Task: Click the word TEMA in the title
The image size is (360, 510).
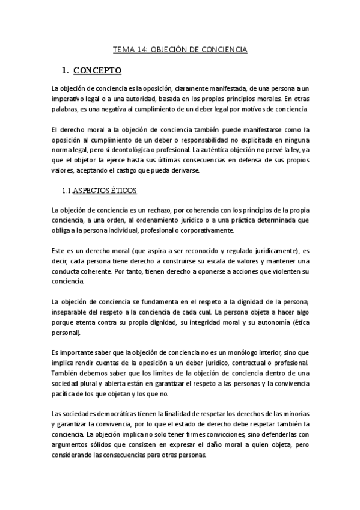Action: pyautogui.click(x=124, y=49)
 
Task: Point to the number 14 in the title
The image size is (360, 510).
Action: pyautogui.click(x=142, y=49)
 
